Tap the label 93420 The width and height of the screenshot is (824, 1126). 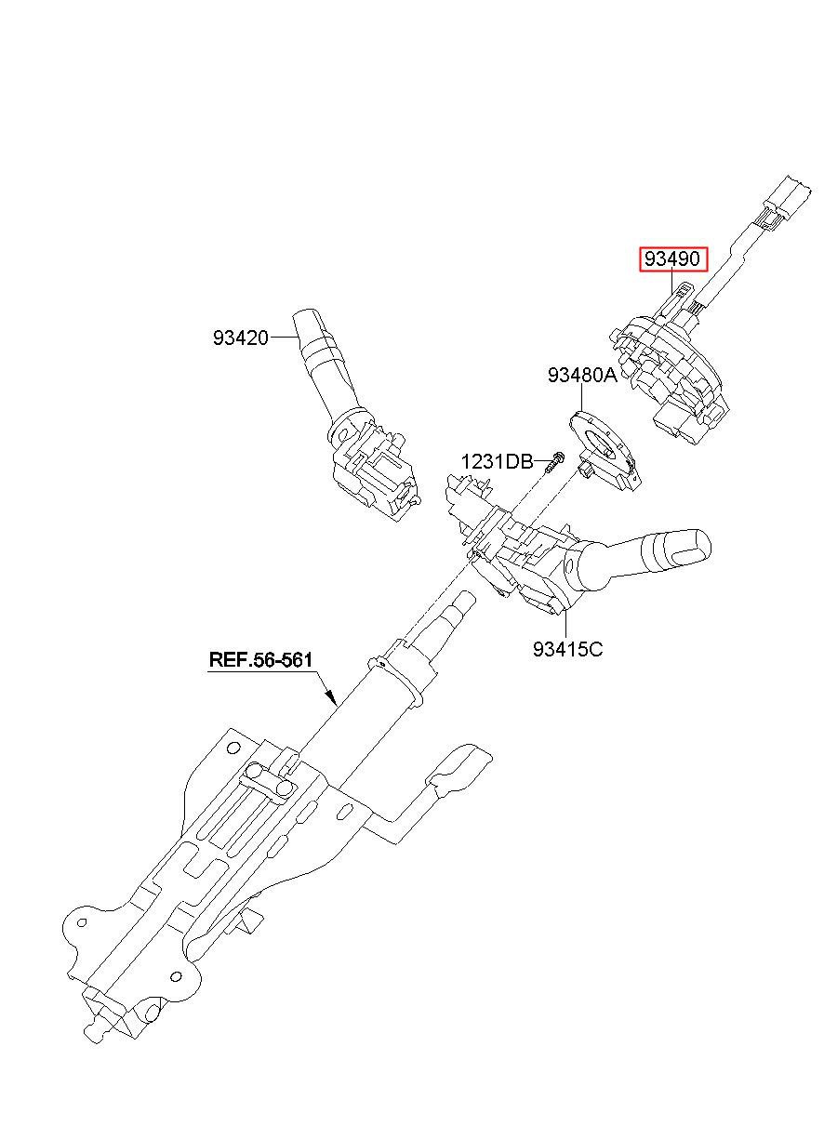pyautogui.click(x=240, y=338)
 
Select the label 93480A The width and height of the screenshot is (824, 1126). pyautogui.click(x=582, y=376)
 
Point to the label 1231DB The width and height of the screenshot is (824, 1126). pyautogui.click(x=497, y=461)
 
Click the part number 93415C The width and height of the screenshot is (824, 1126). pyautogui.click(x=567, y=649)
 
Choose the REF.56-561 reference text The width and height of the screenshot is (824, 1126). pyautogui.click(x=259, y=660)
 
